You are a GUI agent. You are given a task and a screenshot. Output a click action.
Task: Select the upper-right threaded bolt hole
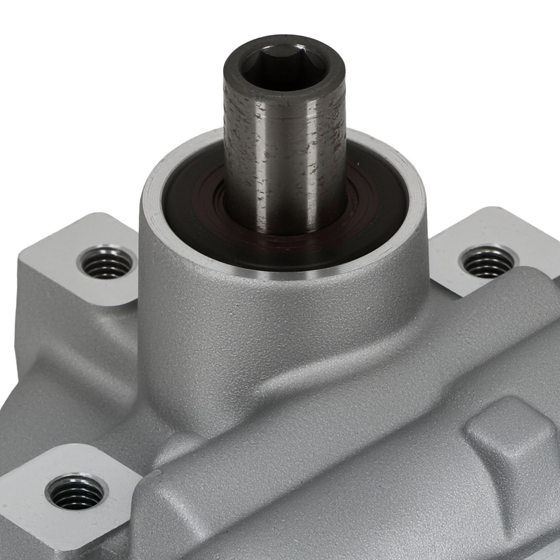[x=487, y=261]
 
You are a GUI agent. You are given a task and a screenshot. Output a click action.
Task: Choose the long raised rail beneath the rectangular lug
[x=336, y=504]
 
